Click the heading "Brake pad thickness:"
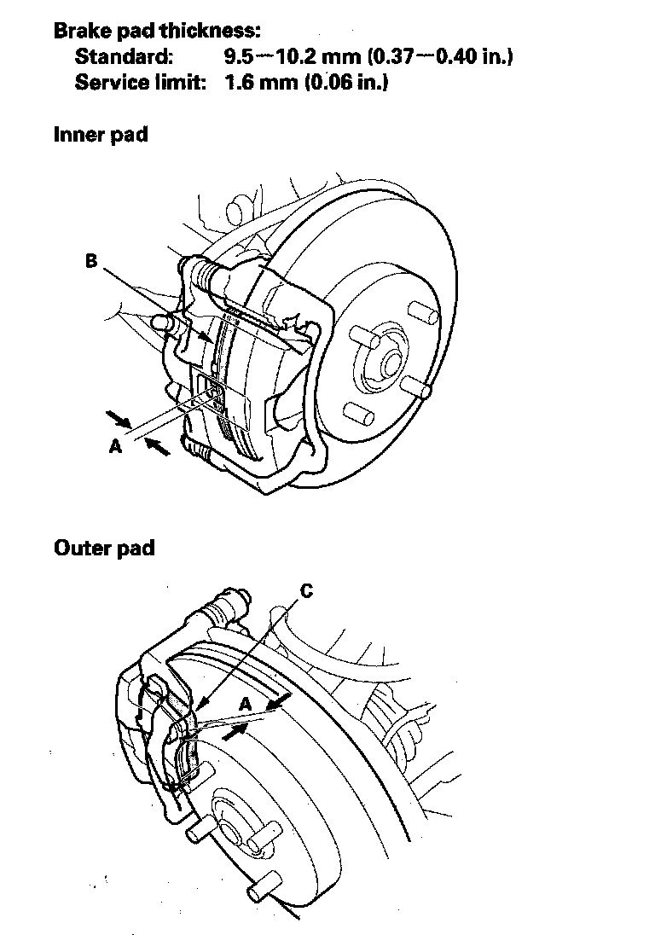click(157, 32)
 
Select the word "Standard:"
click(125, 57)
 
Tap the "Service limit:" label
click(141, 84)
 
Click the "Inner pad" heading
click(101, 135)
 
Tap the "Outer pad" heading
click(104, 547)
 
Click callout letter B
click(92, 262)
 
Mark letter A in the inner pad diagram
click(115, 446)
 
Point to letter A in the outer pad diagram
click(245, 704)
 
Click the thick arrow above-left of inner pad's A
click(119, 418)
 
